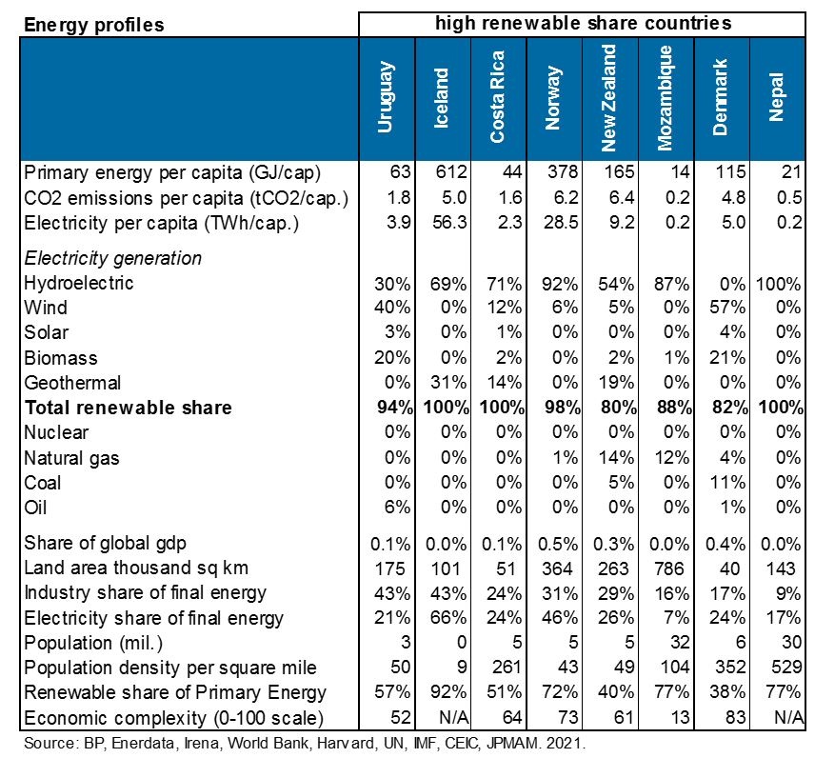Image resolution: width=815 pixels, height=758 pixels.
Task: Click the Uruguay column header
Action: (x=386, y=97)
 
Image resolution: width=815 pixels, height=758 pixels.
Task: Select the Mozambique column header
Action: (x=665, y=98)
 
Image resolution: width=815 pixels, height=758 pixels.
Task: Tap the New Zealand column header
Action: (x=608, y=98)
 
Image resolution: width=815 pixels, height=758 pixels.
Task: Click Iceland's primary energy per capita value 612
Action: (x=451, y=171)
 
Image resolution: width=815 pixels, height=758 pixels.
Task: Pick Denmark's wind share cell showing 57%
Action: (x=727, y=308)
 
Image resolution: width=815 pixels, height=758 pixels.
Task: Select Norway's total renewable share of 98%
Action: (x=563, y=408)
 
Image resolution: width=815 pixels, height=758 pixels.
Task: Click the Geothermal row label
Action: (x=72, y=383)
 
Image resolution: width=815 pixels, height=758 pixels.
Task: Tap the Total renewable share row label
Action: (x=128, y=408)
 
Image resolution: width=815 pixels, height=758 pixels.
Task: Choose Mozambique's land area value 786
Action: (x=669, y=568)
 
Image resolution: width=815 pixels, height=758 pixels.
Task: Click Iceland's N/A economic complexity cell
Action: (x=454, y=717)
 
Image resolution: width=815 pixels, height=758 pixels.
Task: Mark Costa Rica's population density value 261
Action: (x=507, y=667)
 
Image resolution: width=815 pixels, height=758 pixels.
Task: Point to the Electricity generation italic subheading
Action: (x=112, y=258)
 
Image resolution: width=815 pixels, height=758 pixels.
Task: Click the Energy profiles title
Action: (x=94, y=25)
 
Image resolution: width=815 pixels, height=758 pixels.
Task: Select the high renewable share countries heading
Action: (x=584, y=23)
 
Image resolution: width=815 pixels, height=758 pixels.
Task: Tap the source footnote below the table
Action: (x=305, y=743)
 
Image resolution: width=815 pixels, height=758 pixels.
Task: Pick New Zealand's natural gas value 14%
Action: (x=616, y=457)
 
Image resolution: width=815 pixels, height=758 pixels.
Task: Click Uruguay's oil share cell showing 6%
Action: (x=398, y=507)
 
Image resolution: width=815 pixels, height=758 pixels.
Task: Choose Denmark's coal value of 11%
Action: (x=727, y=483)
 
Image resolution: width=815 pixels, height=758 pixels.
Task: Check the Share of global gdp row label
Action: (x=105, y=543)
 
